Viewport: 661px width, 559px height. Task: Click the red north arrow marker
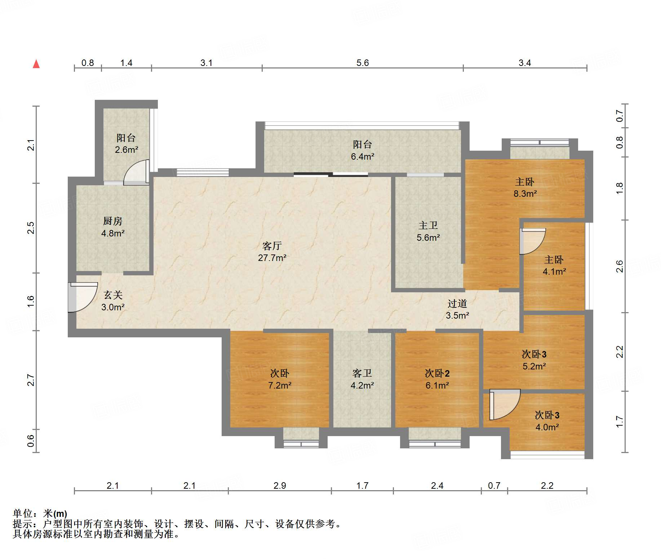click(36, 64)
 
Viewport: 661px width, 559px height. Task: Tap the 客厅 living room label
click(272, 246)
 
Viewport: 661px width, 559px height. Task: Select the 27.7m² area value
click(272, 258)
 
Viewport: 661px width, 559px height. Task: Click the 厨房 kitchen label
click(113, 221)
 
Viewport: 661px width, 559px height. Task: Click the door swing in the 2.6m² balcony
click(136, 172)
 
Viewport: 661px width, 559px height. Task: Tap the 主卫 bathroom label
click(428, 226)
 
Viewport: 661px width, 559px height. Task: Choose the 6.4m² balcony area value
click(363, 156)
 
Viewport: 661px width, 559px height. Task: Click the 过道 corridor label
click(457, 303)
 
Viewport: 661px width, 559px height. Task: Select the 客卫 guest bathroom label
click(362, 373)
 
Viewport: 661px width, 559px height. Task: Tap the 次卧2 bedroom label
click(437, 373)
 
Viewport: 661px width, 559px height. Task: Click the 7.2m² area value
click(280, 385)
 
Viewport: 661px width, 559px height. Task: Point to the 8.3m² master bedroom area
click(525, 194)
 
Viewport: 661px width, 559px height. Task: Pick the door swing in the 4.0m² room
click(505, 404)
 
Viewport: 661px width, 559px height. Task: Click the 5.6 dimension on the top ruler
click(363, 63)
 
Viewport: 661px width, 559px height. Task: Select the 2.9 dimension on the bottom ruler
click(280, 485)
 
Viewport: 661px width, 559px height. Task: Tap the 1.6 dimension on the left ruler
click(31, 301)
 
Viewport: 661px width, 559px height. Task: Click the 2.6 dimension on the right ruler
click(619, 266)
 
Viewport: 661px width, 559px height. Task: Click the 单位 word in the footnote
click(22, 513)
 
